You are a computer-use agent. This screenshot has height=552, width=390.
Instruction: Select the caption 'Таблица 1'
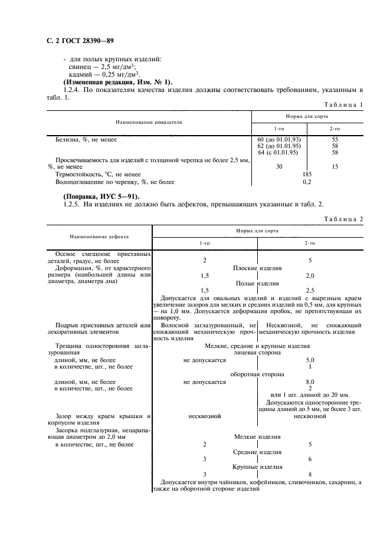pyautogui.click(x=343, y=104)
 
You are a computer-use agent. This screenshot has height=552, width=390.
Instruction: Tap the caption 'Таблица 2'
pyautogui.click(x=343, y=219)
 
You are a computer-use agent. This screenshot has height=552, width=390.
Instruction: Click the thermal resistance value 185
pyautogui.click(x=307, y=174)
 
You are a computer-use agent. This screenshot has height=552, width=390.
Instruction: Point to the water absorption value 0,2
pyautogui.click(x=307, y=182)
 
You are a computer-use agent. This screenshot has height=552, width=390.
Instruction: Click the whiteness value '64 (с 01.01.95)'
pyautogui.click(x=278, y=153)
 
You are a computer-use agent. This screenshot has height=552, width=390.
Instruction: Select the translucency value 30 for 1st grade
pyautogui.click(x=279, y=167)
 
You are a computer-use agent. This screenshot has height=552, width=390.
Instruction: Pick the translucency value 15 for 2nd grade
pyautogui.click(x=335, y=167)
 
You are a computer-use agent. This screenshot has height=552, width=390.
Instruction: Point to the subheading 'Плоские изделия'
pyautogui.click(x=257, y=268)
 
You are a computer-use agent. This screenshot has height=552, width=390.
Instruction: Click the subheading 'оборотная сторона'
pyautogui.click(x=257, y=374)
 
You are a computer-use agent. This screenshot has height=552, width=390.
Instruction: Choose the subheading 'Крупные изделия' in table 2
pyautogui.click(x=257, y=466)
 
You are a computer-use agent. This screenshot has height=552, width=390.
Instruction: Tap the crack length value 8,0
pyautogui.click(x=310, y=382)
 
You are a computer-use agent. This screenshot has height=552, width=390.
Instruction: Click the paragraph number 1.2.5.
pyautogui.click(x=72, y=204)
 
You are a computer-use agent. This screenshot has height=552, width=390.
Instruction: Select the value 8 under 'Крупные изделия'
pyautogui.click(x=310, y=474)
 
